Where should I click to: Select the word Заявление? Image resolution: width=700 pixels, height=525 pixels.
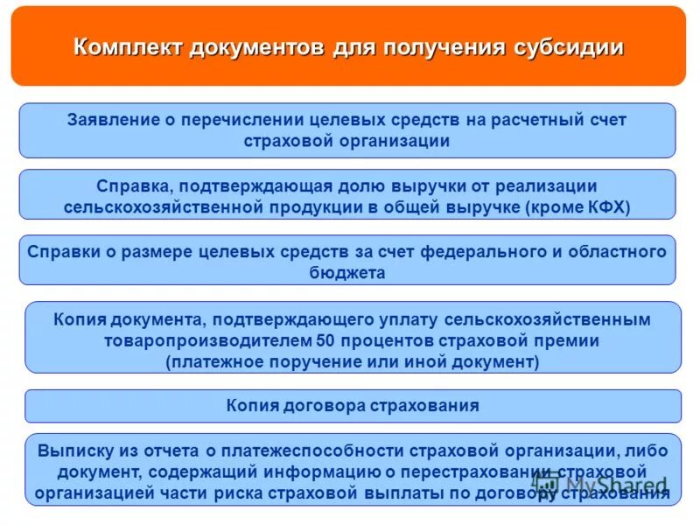click(111, 120)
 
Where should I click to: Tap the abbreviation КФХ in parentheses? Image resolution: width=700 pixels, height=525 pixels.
click(607, 207)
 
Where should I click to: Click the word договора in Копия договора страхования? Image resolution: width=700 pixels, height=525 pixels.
click(325, 406)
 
